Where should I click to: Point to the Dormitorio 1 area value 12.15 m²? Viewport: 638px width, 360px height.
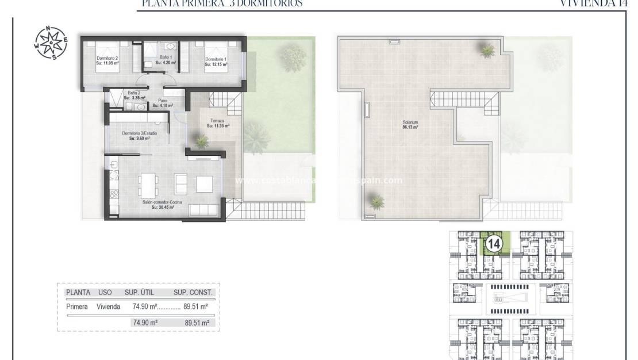click(x=216, y=64)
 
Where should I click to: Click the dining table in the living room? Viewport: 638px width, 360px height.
click(x=148, y=183)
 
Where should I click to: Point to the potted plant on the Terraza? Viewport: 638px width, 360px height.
click(x=201, y=140)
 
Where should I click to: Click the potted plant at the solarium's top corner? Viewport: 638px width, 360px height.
click(x=487, y=51)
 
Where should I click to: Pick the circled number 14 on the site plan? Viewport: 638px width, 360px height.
click(x=494, y=244)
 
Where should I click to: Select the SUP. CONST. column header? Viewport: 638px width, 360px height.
click(x=193, y=292)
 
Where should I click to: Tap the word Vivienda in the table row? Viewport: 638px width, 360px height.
click(x=108, y=307)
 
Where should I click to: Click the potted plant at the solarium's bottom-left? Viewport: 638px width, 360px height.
click(x=376, y=201)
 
